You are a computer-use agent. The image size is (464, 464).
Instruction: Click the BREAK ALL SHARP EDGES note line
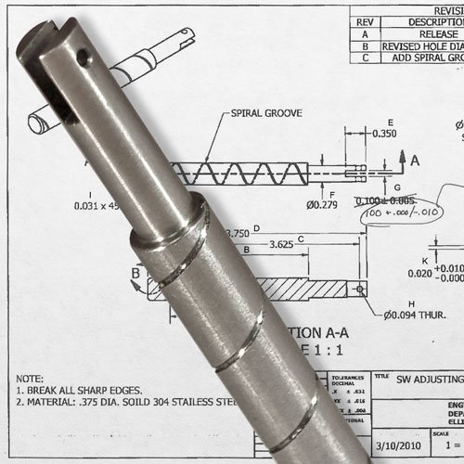pyautogui.click(x=84, y=393)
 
